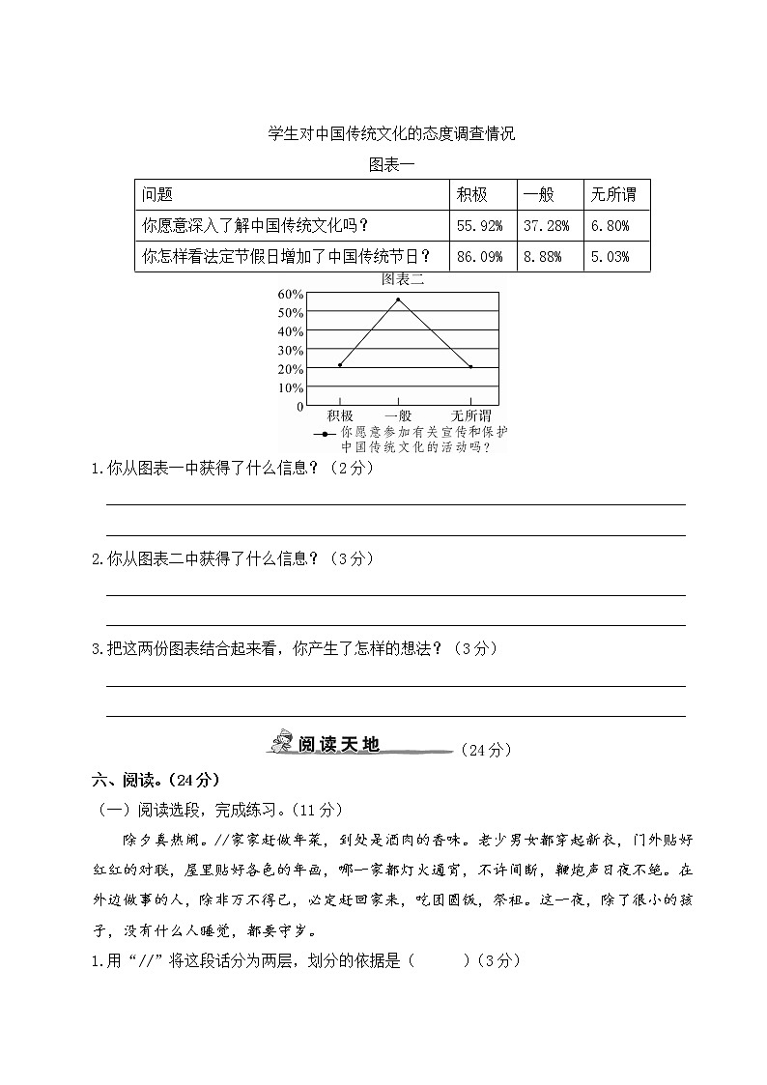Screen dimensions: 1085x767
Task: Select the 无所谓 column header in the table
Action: [x=613, y=195]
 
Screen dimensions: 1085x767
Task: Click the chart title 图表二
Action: [x=403, y=280]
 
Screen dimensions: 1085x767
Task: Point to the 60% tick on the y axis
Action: [x=290, y=294]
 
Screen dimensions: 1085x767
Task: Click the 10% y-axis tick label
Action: [x=290, y=387]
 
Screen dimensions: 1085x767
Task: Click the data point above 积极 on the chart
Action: [x=340, y=365]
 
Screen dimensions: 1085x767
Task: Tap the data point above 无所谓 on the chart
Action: [x=470, y=367]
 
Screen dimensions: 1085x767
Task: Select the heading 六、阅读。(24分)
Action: [x=156, y=780]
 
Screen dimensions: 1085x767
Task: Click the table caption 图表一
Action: [x=391, y=164]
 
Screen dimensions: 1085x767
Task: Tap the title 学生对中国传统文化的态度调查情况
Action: [x=391, y=134]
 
